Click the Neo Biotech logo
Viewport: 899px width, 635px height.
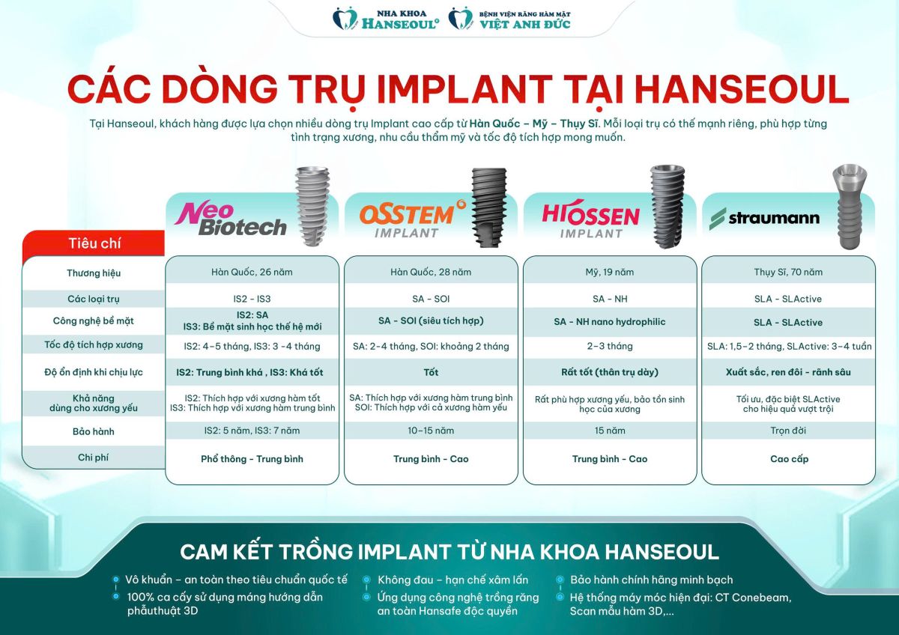tap(231, 219)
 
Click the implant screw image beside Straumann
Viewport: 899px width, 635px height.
tap(850, 207)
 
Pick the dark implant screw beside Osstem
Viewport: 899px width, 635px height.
tap(489, 207)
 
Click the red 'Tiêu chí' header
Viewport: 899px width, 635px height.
tap(94, 243)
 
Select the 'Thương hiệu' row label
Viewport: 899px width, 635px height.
tap(94, 273)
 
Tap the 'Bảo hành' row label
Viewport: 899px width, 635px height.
tap(94, 431)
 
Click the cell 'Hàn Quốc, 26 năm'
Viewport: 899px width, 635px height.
tap(252, 272)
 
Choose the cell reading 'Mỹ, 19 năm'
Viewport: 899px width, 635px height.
tap(610, 272)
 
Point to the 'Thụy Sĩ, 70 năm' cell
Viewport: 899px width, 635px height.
tap(788, 272)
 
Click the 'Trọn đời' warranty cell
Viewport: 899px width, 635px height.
tap(788, 431)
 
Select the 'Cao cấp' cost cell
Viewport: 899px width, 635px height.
tap(789, 459)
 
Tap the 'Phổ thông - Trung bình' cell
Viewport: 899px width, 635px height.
tap(252, 459)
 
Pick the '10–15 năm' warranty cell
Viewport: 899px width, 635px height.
tap(431, 431)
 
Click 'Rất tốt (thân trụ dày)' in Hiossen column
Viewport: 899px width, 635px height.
tap(610, 372)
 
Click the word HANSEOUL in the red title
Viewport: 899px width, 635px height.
tap(742, 90)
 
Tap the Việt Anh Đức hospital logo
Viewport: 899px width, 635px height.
tap(509, 19)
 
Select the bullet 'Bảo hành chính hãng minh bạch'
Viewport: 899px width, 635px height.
tap(651, 580)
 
